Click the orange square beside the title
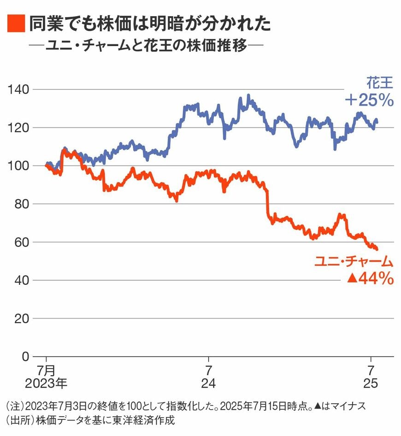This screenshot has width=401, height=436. [x=16, y=24]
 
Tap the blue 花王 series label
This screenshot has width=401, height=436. [x=380, y=83]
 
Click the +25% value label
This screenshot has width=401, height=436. [x=369, y=100]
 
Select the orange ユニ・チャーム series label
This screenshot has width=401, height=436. [x=354, y=262]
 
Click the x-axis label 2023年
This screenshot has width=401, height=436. [x=47, y=383]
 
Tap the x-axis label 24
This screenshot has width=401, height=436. [x=209, y=383]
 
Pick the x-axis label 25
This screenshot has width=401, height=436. [x=371, y=383]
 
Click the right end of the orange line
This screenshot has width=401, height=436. [x=377, y=249]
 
